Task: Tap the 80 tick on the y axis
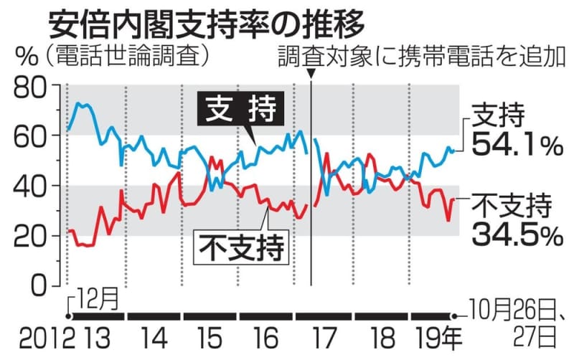[31, 86]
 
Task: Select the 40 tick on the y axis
[31, 186]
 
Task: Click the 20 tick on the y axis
[31, 235]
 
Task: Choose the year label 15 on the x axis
[211, 338]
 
